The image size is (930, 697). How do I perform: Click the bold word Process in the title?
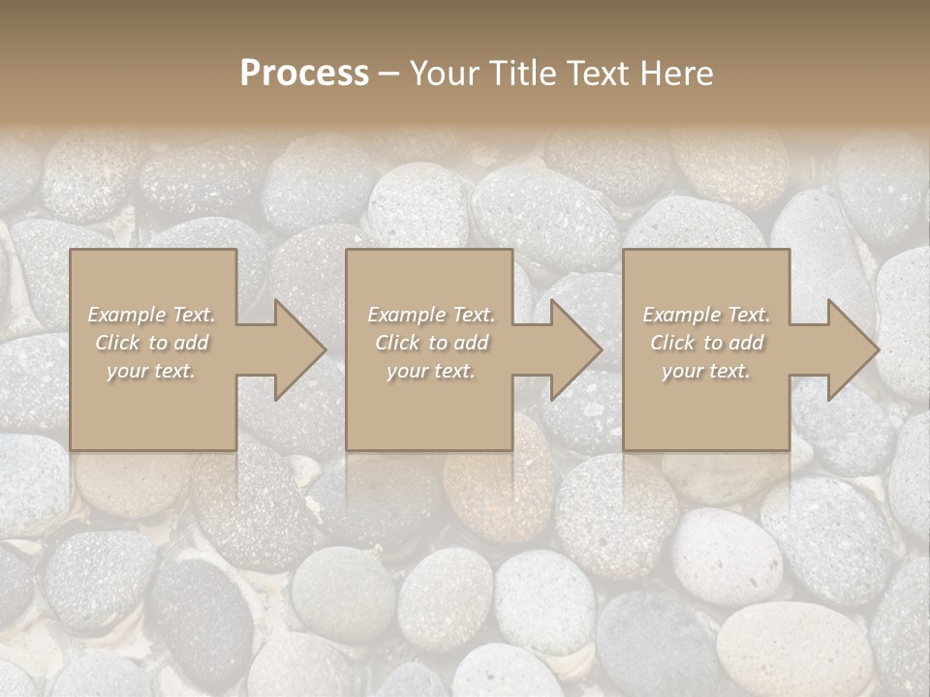(304, 74)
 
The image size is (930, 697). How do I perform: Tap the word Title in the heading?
(520, 74)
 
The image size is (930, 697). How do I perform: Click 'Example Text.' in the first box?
(151, 315)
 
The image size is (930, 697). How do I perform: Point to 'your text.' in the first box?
(151, 371)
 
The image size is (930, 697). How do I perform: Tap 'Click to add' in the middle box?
(431, 343)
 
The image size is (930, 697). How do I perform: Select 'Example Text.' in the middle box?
(431, 315)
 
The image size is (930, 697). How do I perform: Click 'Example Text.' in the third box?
(706, 315)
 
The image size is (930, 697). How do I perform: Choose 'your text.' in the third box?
(706, 371)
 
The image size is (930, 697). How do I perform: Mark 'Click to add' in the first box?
(151, 343)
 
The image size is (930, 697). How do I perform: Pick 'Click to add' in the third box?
(706, 343)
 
